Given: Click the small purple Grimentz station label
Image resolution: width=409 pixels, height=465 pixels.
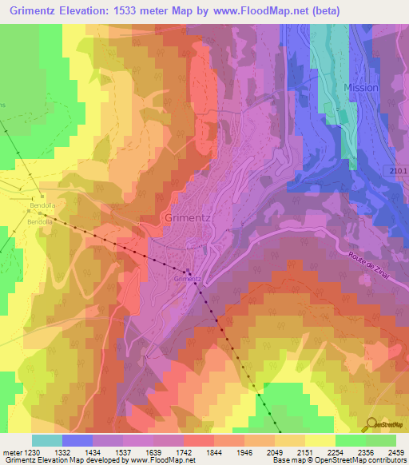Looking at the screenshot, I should click(185, 279).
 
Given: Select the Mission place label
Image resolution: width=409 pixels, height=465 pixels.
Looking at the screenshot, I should click(360, 87).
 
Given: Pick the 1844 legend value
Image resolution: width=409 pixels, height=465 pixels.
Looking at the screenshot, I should click(213, 451).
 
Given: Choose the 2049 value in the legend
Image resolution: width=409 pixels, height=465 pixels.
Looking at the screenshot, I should click(275, 451).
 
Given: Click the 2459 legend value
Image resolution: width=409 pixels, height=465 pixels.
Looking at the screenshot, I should click(396, 451).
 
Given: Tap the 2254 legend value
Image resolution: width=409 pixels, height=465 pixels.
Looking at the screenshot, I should click(336, 451).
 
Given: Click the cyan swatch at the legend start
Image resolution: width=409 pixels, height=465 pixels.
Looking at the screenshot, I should click(46, 440).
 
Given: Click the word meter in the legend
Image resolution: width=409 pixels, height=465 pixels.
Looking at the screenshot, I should click(10, 451).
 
